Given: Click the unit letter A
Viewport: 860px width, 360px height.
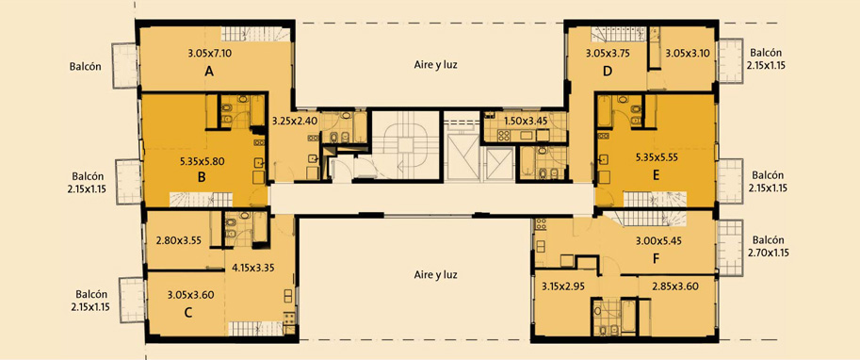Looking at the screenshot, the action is (x=208, y=71).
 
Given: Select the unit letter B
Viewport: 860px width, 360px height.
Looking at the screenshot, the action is (x=202, y=177).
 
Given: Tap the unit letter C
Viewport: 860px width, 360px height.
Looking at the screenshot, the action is (x=187, y=313).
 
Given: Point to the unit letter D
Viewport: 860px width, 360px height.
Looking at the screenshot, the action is (x=608, y=71).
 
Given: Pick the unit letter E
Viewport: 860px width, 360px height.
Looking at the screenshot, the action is (x=656, y=175).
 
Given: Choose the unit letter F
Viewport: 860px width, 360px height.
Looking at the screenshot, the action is (x=656, y=259).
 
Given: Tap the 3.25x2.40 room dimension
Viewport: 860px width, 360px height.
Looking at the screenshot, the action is (x=295, y=122).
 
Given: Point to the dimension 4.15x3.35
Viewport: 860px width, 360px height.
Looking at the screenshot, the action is (x=252, y=269).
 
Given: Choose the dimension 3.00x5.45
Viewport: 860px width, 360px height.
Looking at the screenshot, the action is (x=657, y=240).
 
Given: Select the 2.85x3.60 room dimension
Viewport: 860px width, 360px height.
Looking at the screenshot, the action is (x=675, y=286).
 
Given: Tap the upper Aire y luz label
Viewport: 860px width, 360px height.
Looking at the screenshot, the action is (x=435, y=64).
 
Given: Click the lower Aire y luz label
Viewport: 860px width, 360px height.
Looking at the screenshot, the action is (x=435, y=275).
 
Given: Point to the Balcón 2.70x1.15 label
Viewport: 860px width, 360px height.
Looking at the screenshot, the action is (x=768, y=246).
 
